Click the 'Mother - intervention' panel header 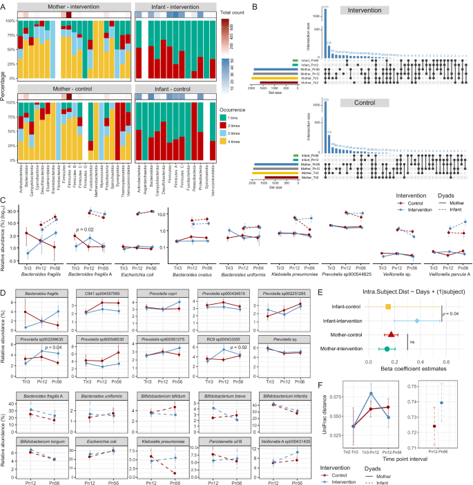point(71,6)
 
